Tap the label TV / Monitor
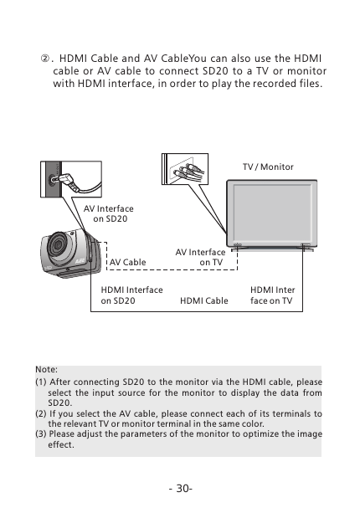pyautogui.click(x=268, y=167)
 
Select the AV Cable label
pyautogui.click(x=128, y=262)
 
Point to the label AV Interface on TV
pyautogui.click(x=200, y=257)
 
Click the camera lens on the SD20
pyautogui.click(x=60, y=247)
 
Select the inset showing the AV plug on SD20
pyautogui.click(x=69, y=178)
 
